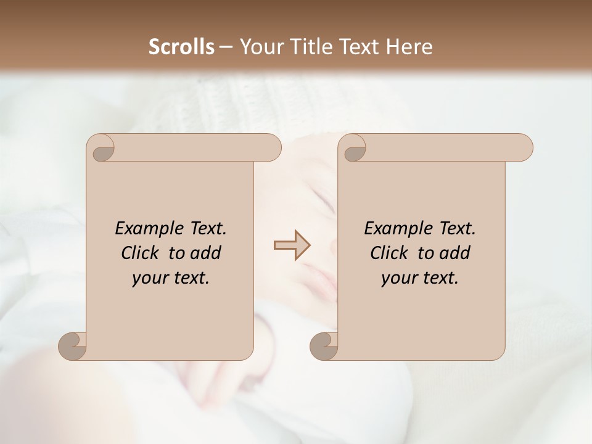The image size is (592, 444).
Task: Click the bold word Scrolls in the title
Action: click(x=182, y=47)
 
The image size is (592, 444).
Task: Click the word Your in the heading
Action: click(x=258, y=47)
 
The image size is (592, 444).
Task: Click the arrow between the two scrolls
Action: click(x=292, y=245)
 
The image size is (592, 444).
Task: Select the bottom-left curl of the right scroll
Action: click(x=324, y=347)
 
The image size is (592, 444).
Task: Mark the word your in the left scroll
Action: click(x=149, y=278)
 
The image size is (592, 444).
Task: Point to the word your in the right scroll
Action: click(x=398, y=278)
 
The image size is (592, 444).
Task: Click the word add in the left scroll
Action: click(x=205, y=253)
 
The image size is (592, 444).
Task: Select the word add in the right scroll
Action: click(x=454, y=253)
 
